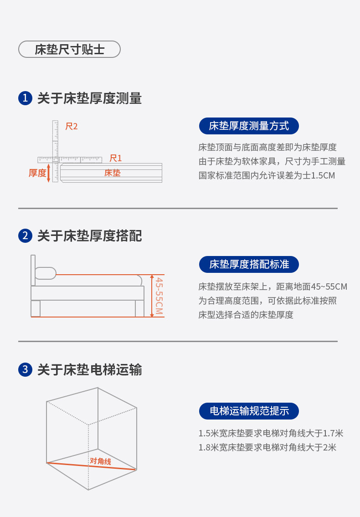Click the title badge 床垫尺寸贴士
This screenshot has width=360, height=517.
69,50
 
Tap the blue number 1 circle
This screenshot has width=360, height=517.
25,98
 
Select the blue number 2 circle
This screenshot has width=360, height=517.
25,236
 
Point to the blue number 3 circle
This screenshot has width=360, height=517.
25,369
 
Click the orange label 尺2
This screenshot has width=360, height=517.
71,126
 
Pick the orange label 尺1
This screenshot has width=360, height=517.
116,158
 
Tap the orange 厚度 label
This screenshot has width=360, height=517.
37,173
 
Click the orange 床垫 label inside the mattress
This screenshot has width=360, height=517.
113,173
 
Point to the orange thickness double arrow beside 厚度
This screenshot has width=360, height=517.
49,173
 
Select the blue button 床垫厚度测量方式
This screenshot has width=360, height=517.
249,126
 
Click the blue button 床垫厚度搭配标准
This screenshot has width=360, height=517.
249,264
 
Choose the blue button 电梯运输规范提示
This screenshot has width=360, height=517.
249,411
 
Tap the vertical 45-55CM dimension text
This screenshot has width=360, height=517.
159,296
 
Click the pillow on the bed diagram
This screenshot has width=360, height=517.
46,273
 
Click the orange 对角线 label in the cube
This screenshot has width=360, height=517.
101,461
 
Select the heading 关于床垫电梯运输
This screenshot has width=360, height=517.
89,369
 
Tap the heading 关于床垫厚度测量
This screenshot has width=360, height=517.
89,98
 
